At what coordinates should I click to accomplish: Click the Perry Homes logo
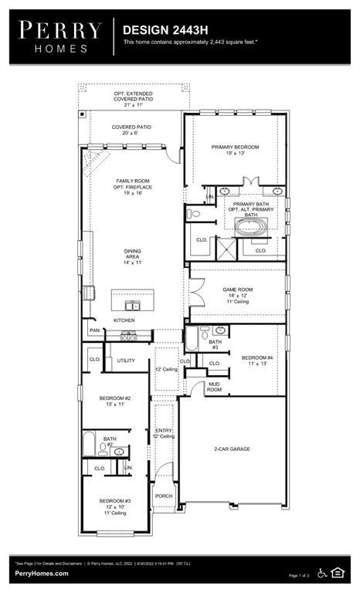(x=60, y=36)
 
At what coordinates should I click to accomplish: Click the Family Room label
(x=132, y=185)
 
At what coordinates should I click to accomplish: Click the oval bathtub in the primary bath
(x=251, y=227)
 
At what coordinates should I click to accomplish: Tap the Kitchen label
(x=124, y=320)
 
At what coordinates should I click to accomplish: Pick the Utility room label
(x=126, y=360)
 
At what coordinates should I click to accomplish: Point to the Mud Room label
(x=214, y=388)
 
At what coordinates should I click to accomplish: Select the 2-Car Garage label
(x=232, y=449)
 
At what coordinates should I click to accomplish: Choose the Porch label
(x=164, y=496)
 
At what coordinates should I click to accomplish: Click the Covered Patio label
(x=131, y=129)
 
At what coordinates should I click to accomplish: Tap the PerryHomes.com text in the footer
(x=41, y=574)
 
